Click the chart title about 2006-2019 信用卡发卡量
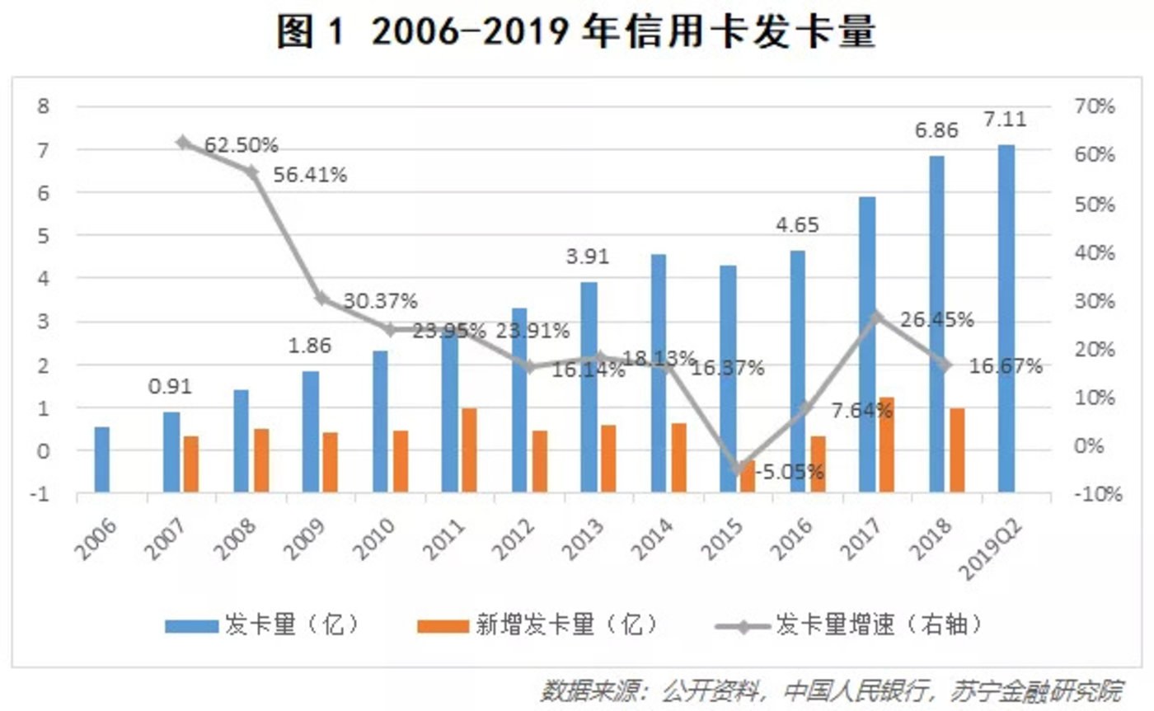pos(576,33)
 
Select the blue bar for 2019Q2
pos(1006,318)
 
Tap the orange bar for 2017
pos(886,445)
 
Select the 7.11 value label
pos(1005,120)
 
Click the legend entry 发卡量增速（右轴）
pos(849,625)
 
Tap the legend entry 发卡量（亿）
pos(263,625)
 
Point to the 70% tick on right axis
pos(1094,106)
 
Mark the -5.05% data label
pos(789,473)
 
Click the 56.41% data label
pos(309,175)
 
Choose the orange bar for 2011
pos(468,450)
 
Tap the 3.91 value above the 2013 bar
pos(587,257)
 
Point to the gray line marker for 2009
pos(322,299)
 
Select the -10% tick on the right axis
pos(1094,494)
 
